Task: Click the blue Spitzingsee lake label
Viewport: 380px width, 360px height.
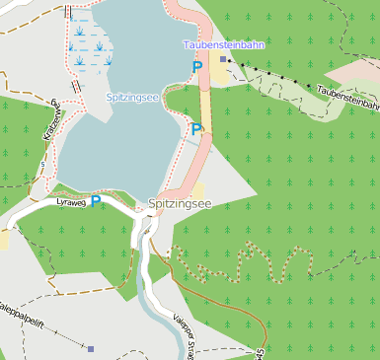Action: [134, 98]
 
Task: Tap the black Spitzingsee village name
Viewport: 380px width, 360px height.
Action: [180, 204]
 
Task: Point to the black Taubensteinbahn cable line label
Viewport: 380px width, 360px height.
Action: [344, 96]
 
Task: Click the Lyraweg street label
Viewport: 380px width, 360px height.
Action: [71, 201]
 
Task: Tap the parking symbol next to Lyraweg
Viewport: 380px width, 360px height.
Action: [96, 200]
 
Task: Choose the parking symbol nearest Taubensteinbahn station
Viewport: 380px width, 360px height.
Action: [197, 66]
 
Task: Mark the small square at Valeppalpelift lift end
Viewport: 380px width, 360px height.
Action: [91, 348]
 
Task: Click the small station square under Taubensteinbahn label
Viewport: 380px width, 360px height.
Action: [224, 59]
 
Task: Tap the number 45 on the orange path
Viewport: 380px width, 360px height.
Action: [260, 353]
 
